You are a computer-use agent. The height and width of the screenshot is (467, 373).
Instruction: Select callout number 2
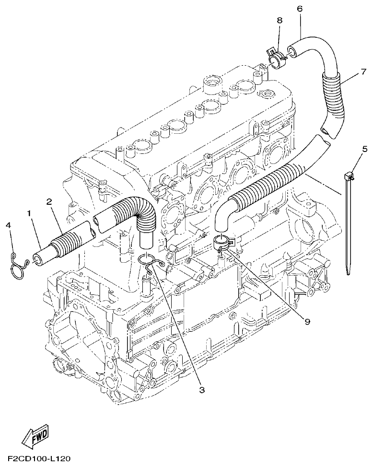click(49, 201)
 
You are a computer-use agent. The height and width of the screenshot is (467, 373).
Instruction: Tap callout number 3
click(202, 390)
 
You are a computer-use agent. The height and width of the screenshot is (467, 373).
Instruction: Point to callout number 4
click(9, 225)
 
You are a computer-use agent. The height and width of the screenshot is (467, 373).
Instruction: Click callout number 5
click(365, 149)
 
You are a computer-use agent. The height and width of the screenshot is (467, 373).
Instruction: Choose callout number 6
click(300, 9)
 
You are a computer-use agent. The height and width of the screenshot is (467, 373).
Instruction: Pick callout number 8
click(280, 20)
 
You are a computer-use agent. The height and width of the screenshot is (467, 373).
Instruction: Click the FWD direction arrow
click(36, 435)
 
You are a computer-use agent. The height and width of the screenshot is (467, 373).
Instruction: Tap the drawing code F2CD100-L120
click(36, 459)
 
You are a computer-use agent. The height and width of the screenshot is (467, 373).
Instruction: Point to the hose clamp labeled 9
click(223, 243)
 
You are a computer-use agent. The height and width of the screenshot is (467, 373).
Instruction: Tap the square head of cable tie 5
click(350, 177)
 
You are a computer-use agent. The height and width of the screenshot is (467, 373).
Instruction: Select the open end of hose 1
click(36, 259)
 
